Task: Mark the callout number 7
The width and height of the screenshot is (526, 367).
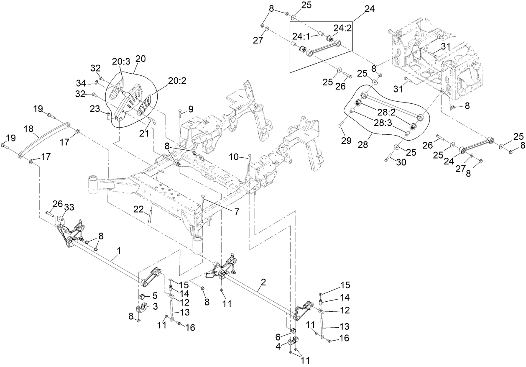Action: [x=237, y=212]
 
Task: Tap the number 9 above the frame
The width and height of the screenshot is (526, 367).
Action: [x=191, y=109]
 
